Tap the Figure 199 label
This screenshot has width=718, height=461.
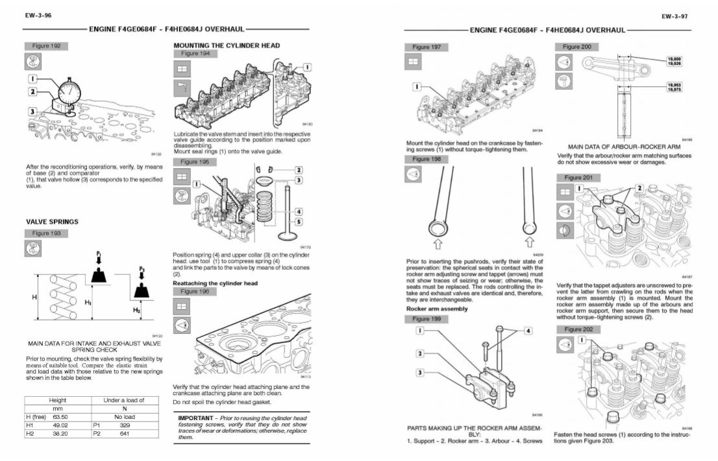(x=426, y=319)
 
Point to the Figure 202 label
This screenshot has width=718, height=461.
(x=578, y=329)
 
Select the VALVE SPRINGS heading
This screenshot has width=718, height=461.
(x=52, y=222)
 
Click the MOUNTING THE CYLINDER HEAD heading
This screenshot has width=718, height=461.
(x=227, y=45)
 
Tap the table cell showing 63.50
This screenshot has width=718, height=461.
(x=62, y=417)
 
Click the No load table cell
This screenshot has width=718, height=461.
(x=123, y=417)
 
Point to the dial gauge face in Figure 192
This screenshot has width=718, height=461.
(x=68, y=91)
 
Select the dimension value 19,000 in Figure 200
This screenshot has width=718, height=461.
(x=674, y=58)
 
